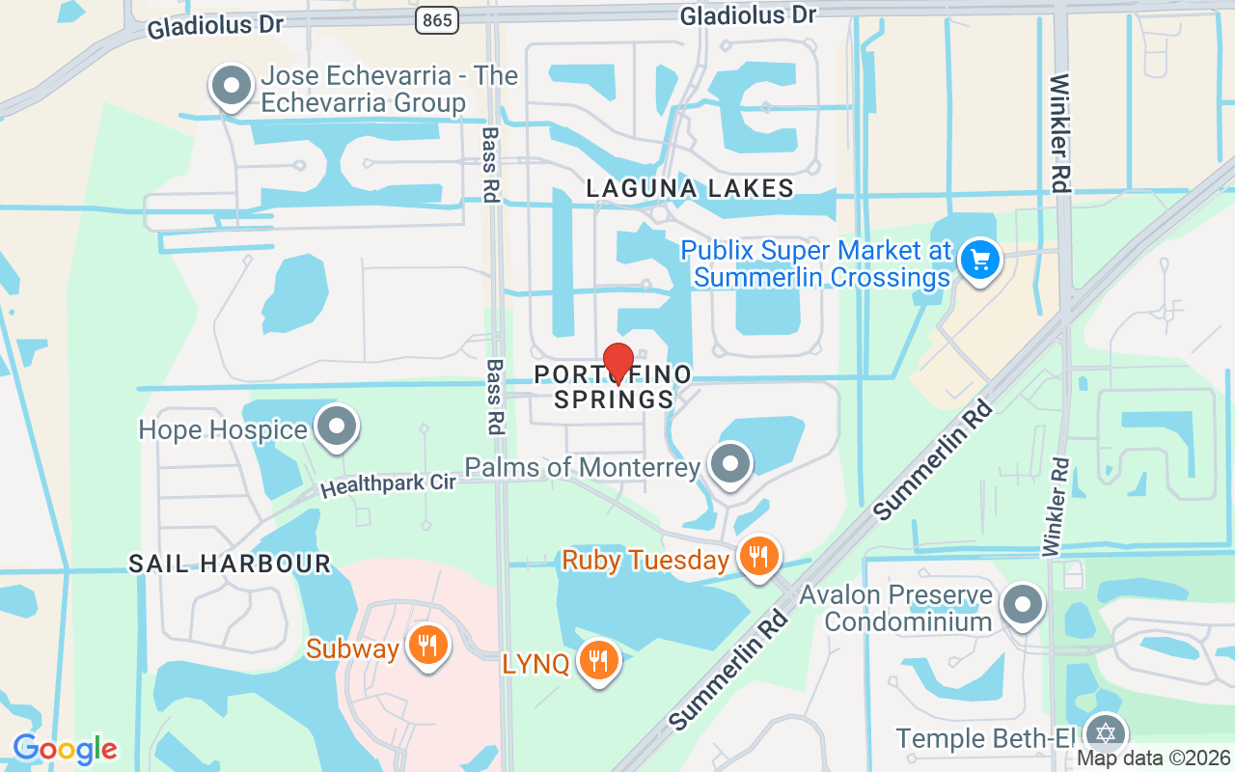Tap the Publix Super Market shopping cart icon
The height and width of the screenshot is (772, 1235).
(x=980, y=260)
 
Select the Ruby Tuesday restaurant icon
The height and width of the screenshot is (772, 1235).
(x=759, y=556)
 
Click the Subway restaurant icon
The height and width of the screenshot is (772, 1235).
(x=425, y=644)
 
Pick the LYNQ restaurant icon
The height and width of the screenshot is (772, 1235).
(x=598, y=660)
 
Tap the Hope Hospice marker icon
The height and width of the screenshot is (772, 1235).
(x=337, y=426)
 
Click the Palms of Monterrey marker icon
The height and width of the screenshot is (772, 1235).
(x=730, y=464)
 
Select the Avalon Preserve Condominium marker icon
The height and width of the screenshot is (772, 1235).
(x=1022, y=605)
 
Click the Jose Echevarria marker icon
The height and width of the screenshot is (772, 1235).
(x=231, y=86)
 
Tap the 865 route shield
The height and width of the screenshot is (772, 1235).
(x=437, y=19)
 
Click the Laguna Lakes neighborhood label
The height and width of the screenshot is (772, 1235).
(x=690, y=188)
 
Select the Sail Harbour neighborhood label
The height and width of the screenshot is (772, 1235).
(x=230, y=564)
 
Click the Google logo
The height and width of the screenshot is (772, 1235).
(x=65, y=749)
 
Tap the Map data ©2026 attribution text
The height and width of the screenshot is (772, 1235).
(x=1153, y=758)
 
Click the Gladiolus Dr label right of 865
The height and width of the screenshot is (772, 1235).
(x=748, y=14)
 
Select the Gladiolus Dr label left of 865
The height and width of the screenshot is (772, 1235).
(x=215, y=26)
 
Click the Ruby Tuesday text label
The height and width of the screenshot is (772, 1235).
(x=645, y=560)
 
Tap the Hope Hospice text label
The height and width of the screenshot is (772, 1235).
(x=223, y=429)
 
